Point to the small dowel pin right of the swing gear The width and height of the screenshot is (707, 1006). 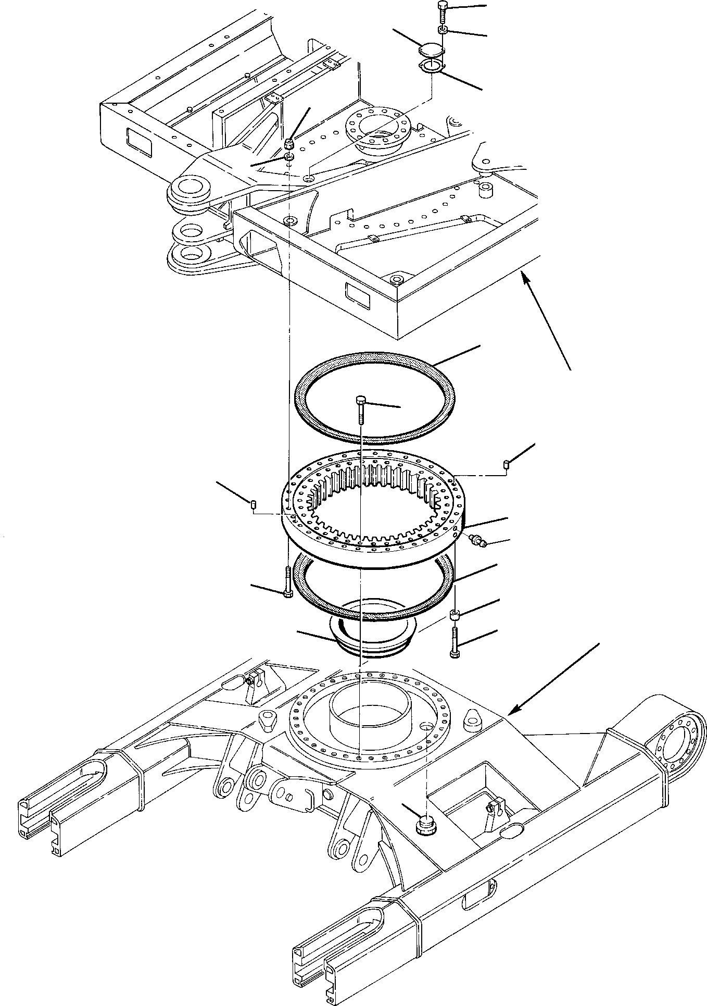click(x=506, y=464)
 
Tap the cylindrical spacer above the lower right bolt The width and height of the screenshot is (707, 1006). click(x=455, y=616)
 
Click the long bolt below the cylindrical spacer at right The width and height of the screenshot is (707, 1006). click(x=455, y=641)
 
